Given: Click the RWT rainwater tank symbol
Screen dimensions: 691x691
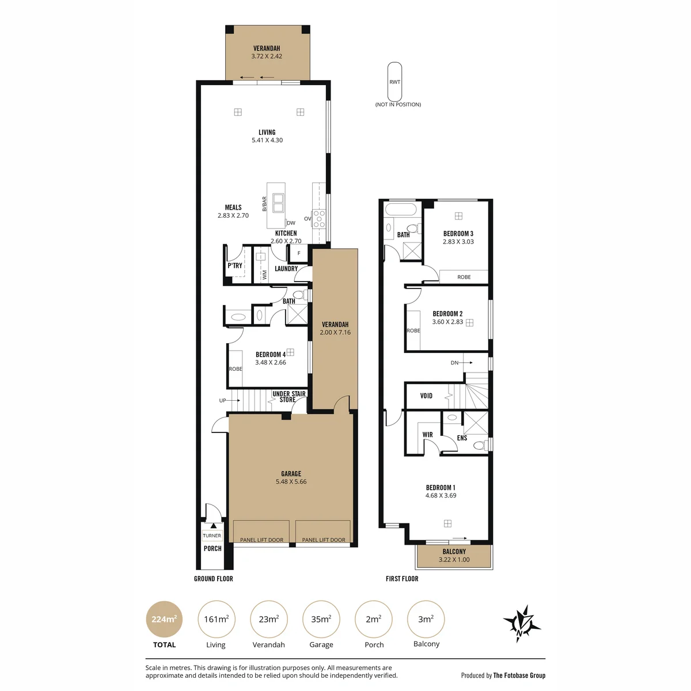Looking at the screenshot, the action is [x=394, y=82].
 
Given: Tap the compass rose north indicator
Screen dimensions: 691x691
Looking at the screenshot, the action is [x=521, y=629].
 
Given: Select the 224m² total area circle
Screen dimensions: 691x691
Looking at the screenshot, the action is [x=164, y=619].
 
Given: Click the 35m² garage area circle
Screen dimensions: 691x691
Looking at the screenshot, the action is [x=321, y=619].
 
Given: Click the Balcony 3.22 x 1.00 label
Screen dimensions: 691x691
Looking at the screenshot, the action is [x=454, y=556].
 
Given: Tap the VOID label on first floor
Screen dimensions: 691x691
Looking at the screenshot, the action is [x=426, y=396].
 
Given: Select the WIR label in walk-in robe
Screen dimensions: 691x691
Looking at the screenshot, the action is [x=427, y=435].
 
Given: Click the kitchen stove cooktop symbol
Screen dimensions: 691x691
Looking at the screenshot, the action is [x=318, y=218].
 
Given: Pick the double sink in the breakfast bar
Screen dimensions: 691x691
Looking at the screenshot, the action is [x=278, y=203].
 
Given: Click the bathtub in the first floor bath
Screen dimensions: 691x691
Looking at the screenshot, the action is [x=400, y=209].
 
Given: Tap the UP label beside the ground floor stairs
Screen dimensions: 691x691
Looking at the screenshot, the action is [x=222, y=401].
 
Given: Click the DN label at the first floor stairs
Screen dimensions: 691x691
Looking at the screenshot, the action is [x=454, y=363].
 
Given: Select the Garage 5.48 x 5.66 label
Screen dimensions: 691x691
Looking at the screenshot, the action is [x=291, y=477].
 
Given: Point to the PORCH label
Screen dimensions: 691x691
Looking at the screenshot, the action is [x=212, y=548].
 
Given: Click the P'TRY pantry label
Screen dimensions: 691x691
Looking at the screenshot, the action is [x=235, y=265].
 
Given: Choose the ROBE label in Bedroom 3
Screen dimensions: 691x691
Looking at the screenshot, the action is [x=464, y=277].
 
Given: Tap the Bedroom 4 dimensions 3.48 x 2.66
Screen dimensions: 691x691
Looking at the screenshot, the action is [x=271, y=362].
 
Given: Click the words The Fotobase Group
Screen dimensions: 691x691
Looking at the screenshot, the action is [x=519, y=675].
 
